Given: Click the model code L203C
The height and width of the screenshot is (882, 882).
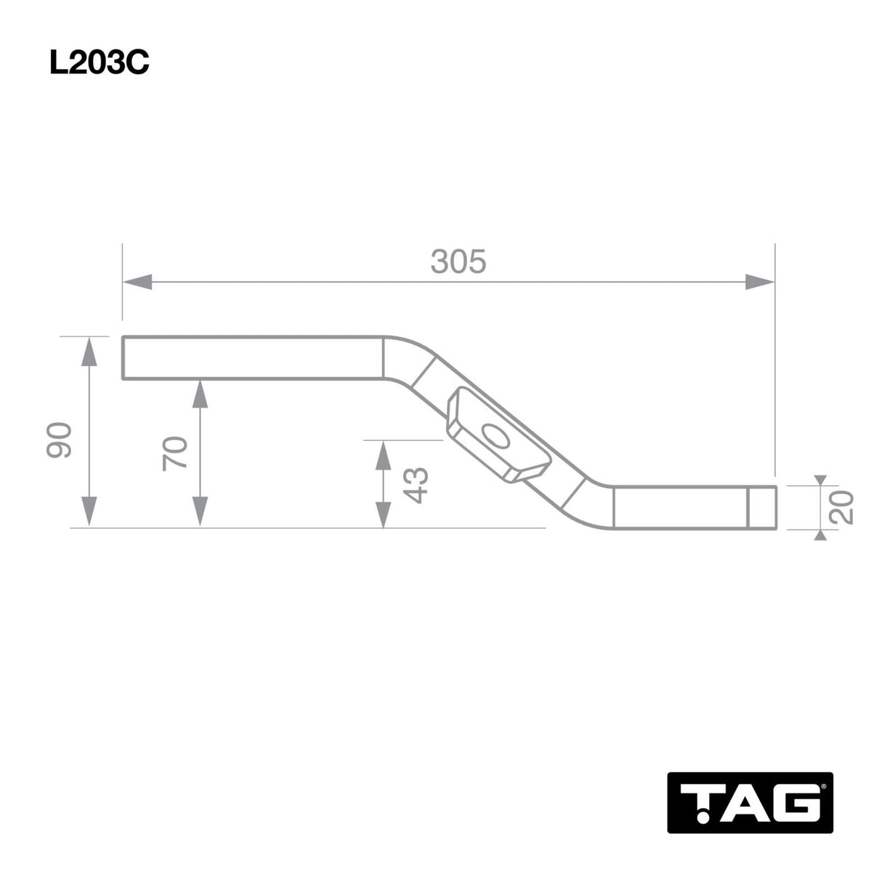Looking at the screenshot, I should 99,63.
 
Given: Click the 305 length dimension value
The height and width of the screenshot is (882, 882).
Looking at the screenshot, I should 458,262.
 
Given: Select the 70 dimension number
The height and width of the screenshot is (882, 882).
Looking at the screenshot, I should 177,453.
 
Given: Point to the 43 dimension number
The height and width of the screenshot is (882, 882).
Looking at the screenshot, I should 416,485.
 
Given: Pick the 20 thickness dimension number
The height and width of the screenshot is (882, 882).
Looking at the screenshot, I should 841,506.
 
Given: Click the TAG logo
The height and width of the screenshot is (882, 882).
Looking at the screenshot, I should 750,802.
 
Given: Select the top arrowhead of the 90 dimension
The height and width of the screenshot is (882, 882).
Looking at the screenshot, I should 89,351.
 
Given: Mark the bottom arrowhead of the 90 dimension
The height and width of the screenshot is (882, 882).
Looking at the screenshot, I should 89,511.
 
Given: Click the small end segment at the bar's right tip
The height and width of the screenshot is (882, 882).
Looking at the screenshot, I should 761,508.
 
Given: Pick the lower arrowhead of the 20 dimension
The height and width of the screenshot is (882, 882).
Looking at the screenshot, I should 820,534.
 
